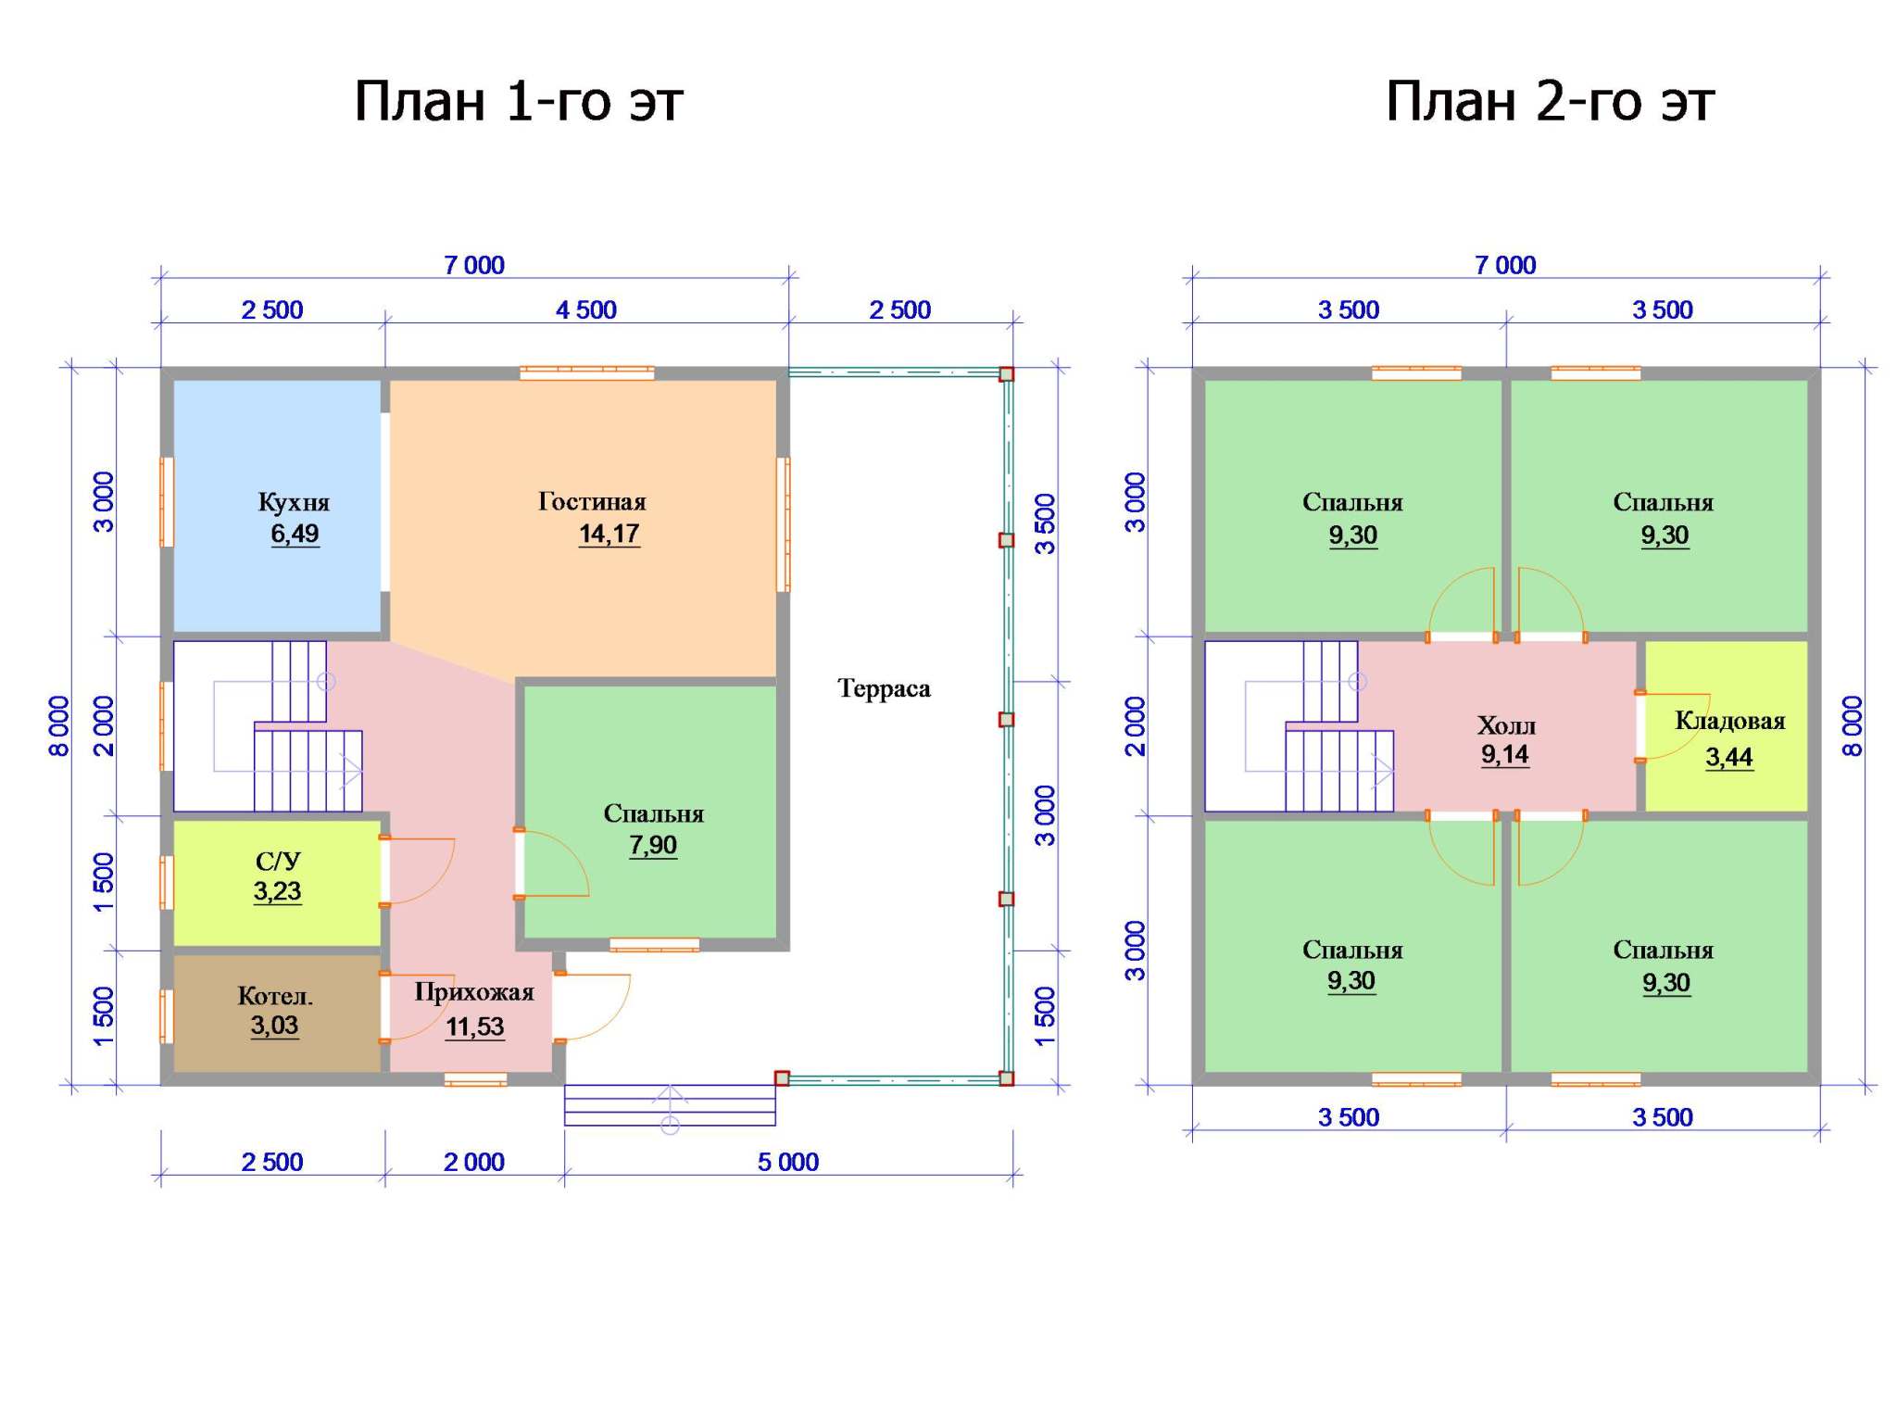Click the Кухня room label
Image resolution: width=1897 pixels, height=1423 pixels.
click(294, 502)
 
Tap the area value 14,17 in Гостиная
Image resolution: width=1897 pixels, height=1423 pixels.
click(609, 534)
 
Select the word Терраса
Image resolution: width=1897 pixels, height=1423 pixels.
click(884, 688)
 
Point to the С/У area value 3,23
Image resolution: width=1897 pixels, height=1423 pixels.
click(277, 891)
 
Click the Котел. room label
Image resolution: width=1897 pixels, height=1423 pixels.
click(275, 996)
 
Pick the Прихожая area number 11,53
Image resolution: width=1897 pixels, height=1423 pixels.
click(474, 1026)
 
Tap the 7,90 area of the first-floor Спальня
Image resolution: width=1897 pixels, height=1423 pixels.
click(653, 845)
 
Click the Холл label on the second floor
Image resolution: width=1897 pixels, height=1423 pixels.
click(1506, 724)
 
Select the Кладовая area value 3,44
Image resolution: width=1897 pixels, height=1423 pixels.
click(1729, 757)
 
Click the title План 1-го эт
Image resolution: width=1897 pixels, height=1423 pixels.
click(519, 100)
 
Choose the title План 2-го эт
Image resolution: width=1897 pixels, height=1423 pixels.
click(1550, 100)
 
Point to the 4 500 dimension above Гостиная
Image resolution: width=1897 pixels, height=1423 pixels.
click(586, 309)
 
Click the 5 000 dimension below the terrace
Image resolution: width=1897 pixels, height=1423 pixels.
click(788, 1162)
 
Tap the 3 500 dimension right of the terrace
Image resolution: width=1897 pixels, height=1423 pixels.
click(1045, 524)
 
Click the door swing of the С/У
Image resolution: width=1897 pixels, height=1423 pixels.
click(419, 870)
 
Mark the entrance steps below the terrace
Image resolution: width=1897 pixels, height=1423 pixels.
click(670, 1105)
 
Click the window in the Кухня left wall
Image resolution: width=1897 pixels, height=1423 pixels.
click(167, 502)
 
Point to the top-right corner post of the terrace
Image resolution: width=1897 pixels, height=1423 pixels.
click(1007, 374)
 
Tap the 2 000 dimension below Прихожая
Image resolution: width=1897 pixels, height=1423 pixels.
click(474, 1162)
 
